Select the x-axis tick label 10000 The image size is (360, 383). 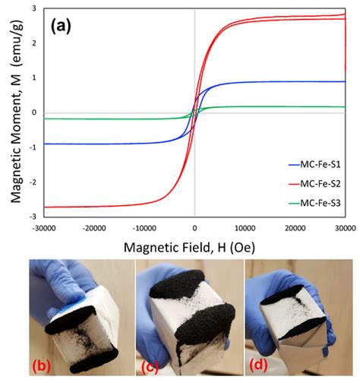pos(245,227)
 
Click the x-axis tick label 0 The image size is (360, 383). pos(195,227)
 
